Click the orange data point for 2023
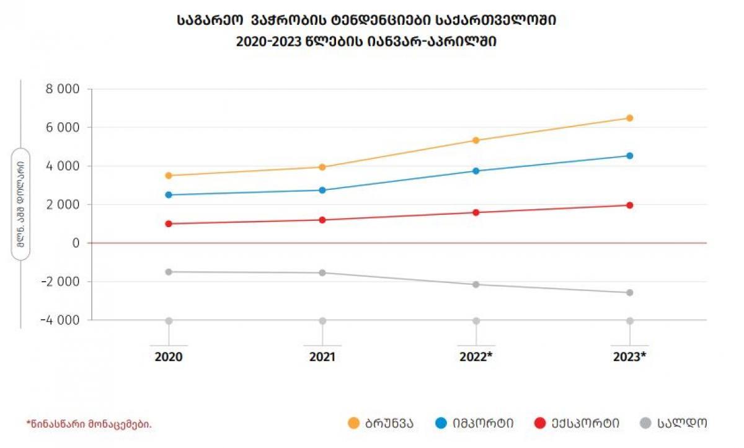pos(629,118)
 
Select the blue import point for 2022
pos(476,171)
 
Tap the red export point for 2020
pos(169,223)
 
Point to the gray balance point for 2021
pos(322,273)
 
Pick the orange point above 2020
pos(169,176)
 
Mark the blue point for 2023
pos(629,156)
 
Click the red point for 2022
pos(476,212)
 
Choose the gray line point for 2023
pos(629,292)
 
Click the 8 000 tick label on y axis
pos(63,89)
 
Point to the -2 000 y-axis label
pos(60,282)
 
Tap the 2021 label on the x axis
pos(322,357)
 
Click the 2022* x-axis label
pos(476,357)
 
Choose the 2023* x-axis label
pos(629,357)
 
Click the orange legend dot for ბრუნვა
pos(354,423)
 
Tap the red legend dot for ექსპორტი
pos(540,423)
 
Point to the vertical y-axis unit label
pos(21,205)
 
